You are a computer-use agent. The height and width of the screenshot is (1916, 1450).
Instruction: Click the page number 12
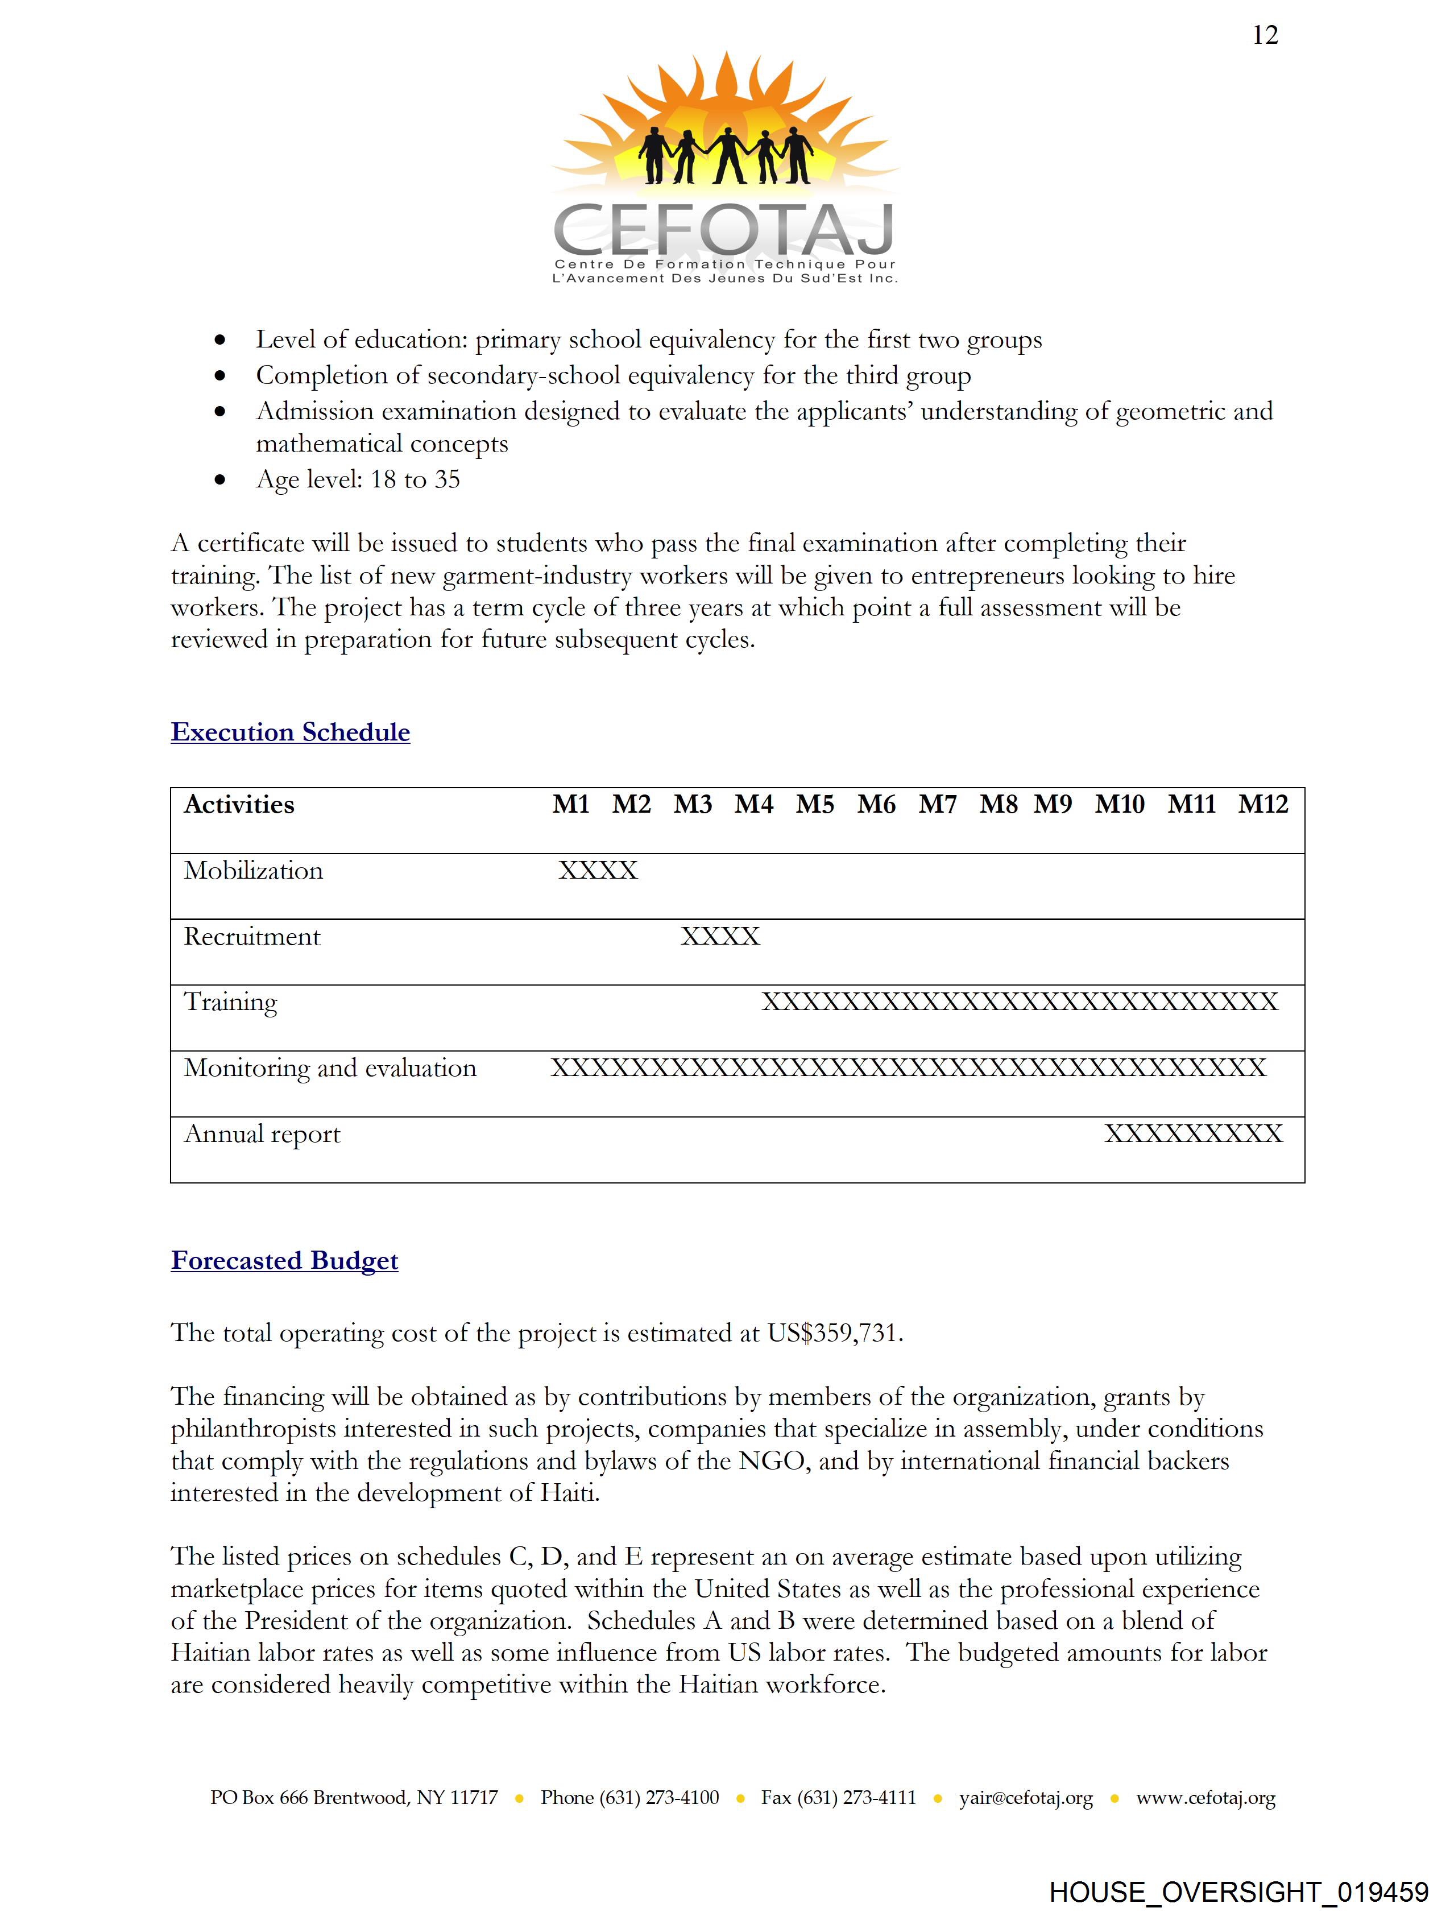[1265, 35]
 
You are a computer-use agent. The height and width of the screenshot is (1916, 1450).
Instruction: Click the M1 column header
[571, 805]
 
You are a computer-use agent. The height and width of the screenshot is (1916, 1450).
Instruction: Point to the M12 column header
[1263, 805]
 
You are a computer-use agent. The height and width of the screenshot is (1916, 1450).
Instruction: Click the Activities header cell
[239, 805]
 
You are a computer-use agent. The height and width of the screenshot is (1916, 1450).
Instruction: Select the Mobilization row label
[253, 871]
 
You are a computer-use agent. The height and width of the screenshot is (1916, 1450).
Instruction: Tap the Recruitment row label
[252, 936]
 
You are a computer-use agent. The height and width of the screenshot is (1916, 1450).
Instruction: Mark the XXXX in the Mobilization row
[598, 871]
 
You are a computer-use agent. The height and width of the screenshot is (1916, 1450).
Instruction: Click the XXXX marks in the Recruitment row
[720, 936]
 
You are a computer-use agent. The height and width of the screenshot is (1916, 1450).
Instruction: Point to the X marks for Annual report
[1193, 1134]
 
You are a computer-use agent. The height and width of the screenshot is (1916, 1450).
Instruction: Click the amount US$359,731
[834, 1333]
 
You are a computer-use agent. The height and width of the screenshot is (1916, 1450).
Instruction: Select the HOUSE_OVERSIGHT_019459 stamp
[1238, 1893]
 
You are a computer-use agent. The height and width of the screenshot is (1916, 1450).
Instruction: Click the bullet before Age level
[221, 480]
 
